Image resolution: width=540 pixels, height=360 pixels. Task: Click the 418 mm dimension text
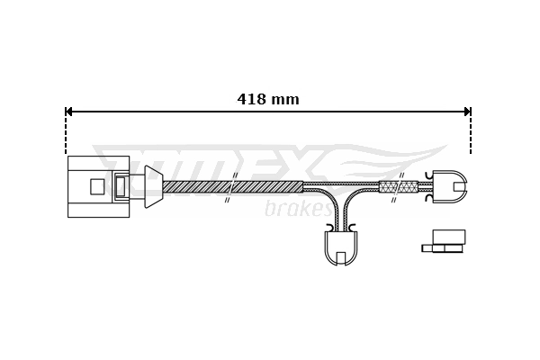click(268, 100)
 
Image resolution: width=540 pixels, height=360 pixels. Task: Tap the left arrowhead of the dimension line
click(68, 112)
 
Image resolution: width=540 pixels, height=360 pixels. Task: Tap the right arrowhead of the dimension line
click(467, 112)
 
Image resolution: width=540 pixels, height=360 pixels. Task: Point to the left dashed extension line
click(66, 135)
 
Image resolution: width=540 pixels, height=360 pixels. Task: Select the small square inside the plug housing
click(97, 186)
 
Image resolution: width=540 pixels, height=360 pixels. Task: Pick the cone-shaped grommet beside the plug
click(153, 186)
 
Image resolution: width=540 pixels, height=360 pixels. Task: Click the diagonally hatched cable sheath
click(198, 186)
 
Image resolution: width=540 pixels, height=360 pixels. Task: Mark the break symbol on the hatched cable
click(231, 187)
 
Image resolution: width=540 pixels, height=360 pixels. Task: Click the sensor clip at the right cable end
click(449, 186)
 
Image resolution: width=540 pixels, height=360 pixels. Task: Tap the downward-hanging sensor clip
click(341, 247)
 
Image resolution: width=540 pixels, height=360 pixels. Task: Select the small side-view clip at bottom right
click(445, 241)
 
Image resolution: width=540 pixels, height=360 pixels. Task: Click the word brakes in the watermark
click(297, 210)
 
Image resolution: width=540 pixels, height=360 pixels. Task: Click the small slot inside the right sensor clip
click(459, 186)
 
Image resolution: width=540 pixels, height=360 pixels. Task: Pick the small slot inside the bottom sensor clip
click(341, 258)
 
